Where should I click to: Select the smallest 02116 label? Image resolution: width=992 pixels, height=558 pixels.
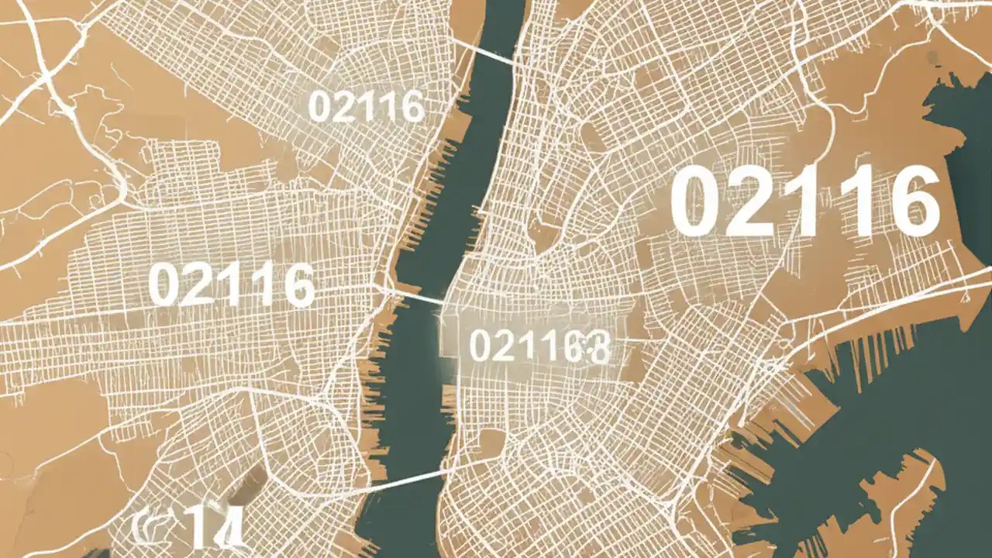tap(366, 106)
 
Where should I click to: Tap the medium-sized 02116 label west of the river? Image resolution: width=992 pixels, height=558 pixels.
tap(231, 284)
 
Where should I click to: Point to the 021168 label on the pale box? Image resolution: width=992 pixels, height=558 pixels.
tap(539, 346)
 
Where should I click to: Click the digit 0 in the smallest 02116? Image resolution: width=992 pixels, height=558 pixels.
tap(319, 107)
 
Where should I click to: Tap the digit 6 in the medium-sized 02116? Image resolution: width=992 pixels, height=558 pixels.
tap(298, 284)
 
